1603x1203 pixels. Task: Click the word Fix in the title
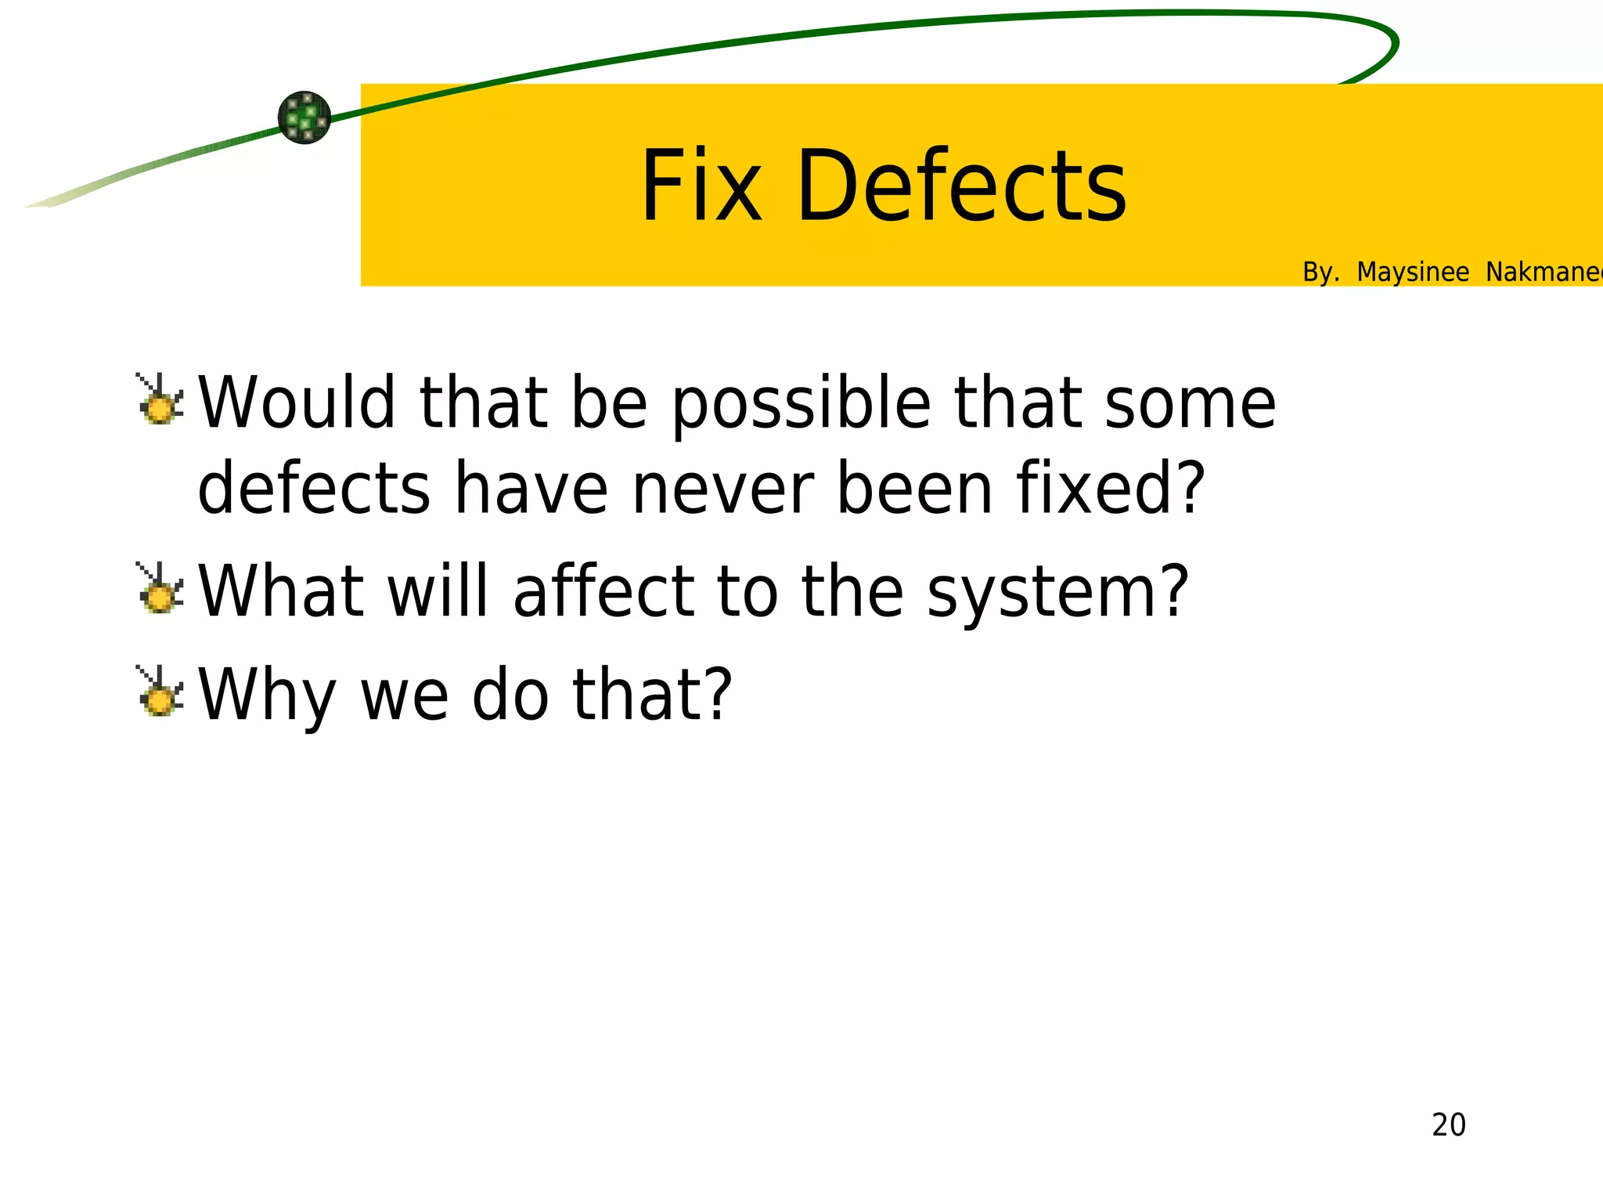701,186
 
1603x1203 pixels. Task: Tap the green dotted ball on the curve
304,117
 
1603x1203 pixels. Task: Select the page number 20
1448,1125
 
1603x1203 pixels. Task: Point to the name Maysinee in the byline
1412,272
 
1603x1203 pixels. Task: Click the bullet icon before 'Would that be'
160,400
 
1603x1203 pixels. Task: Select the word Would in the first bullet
297,403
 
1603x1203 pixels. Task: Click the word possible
801,404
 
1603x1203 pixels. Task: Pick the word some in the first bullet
1190,403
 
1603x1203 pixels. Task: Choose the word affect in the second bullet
603,591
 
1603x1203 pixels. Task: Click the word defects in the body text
314,487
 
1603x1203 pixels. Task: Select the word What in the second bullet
280,591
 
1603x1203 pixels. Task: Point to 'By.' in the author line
1320,272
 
